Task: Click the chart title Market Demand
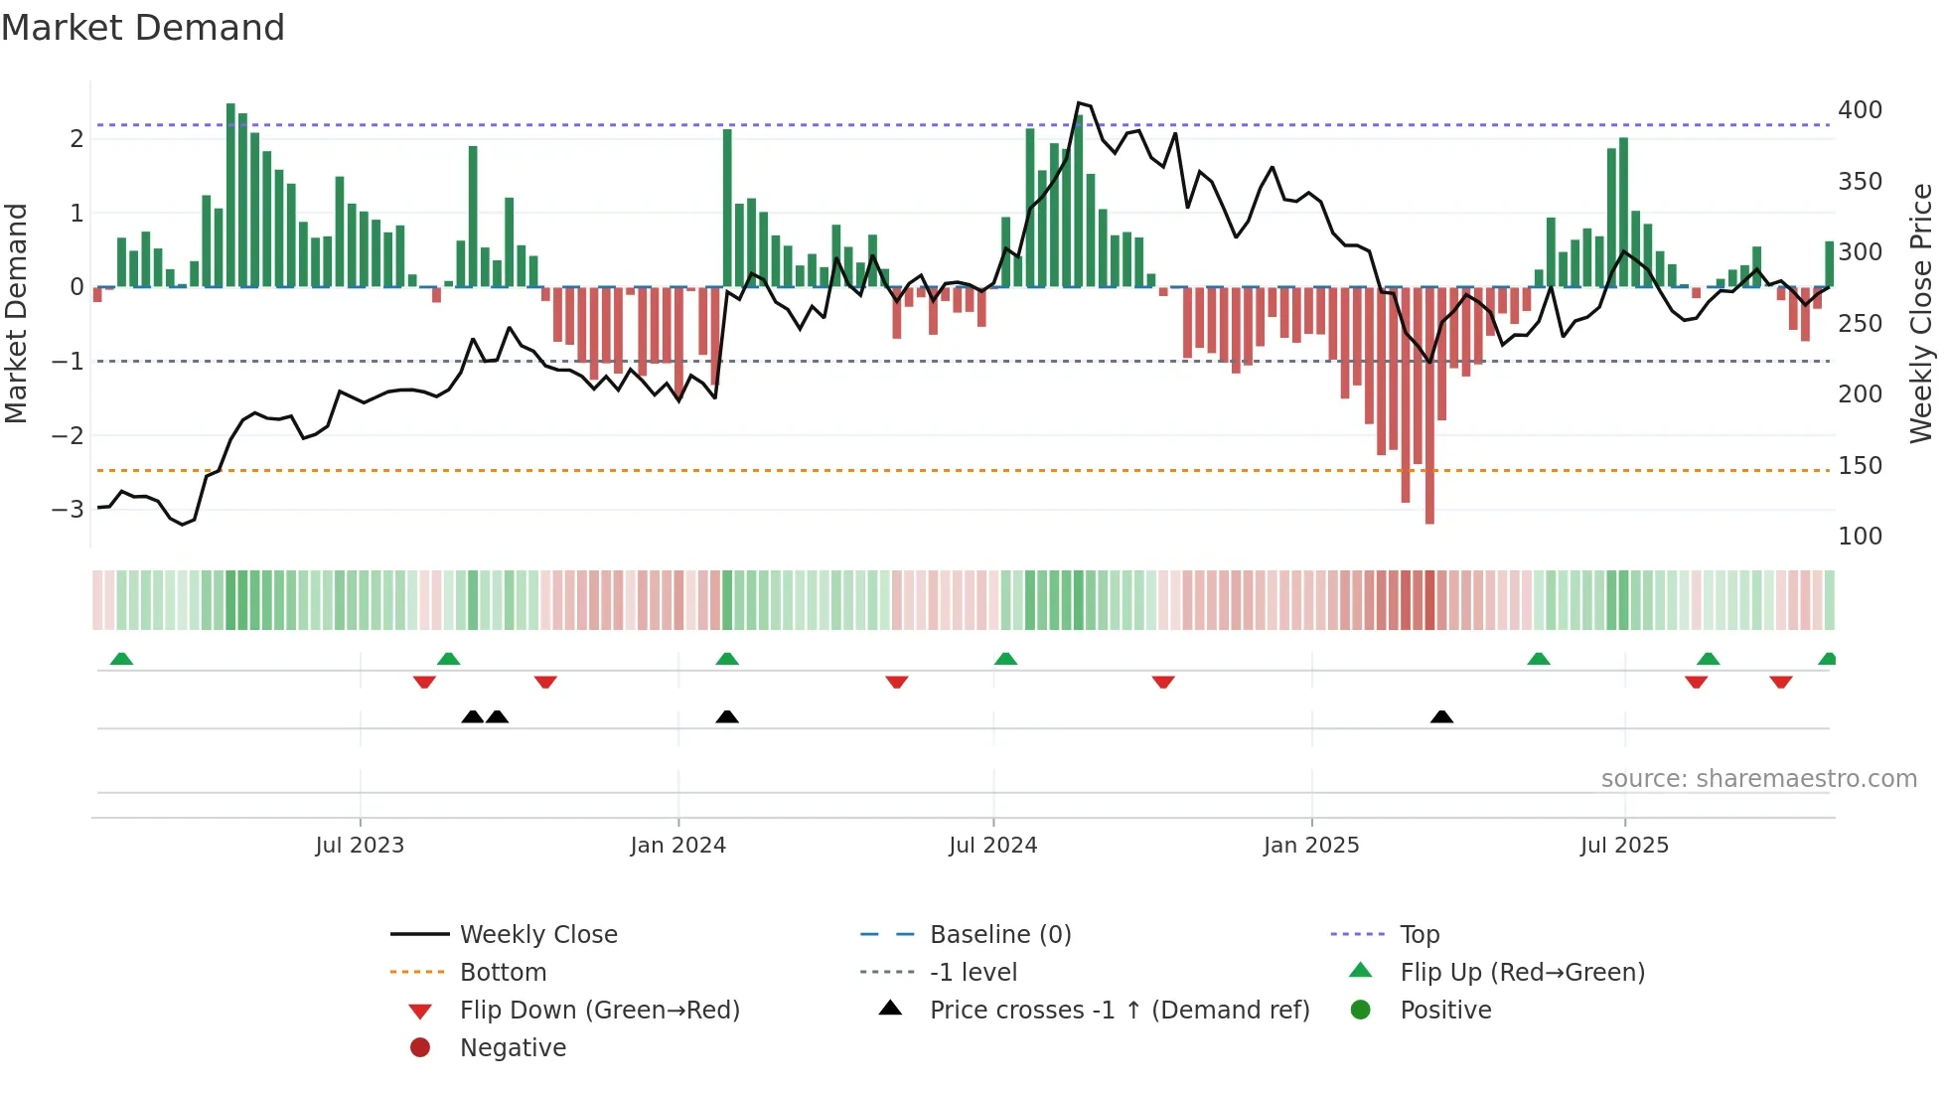(143, 28)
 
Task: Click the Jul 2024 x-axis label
(992, 846)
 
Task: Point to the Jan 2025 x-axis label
(1310, 846)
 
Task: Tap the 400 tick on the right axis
(1860, 110)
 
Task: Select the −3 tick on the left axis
(68, 510)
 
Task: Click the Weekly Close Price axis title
(1921, 313)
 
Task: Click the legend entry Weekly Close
(537, 935)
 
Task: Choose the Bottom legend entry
(503, 973)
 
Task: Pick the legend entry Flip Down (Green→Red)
(599, 1011)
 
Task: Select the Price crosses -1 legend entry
(1119, 1011)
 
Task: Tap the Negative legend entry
(513, 1048)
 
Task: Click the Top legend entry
(1419, 935)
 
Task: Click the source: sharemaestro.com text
(1758, 779)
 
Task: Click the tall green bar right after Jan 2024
(727, 209)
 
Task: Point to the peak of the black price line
(1079, 103)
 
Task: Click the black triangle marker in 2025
(1441, 716)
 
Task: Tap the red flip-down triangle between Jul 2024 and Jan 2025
(1163, 682)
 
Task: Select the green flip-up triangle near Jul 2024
(1005, 659)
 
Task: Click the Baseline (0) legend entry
(999, 935)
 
